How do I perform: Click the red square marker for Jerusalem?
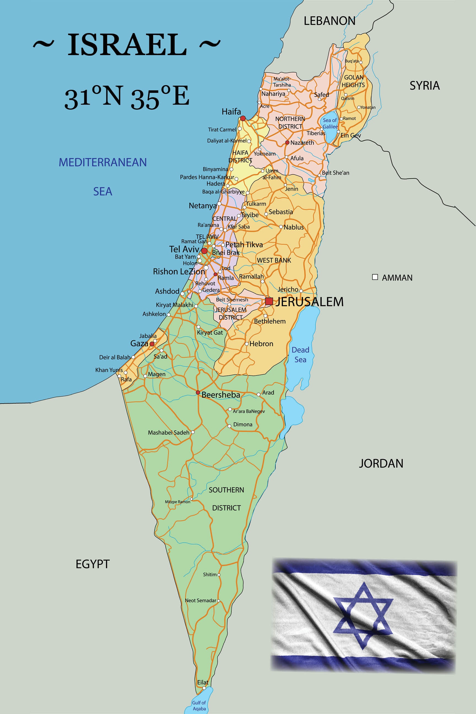269,301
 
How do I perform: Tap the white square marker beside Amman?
375,277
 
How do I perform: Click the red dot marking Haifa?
243,118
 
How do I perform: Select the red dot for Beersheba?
198,393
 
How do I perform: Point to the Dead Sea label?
300,355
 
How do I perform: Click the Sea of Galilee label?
330,123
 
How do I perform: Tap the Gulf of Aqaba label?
199,705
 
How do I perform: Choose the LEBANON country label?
329,21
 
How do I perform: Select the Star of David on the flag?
363,615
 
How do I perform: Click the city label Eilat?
202,682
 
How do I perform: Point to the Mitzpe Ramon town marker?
191,499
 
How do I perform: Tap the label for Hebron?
261,344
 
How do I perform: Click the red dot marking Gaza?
152,344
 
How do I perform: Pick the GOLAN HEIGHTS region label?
353,81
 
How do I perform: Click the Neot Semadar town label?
200,601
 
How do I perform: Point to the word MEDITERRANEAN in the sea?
102,163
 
